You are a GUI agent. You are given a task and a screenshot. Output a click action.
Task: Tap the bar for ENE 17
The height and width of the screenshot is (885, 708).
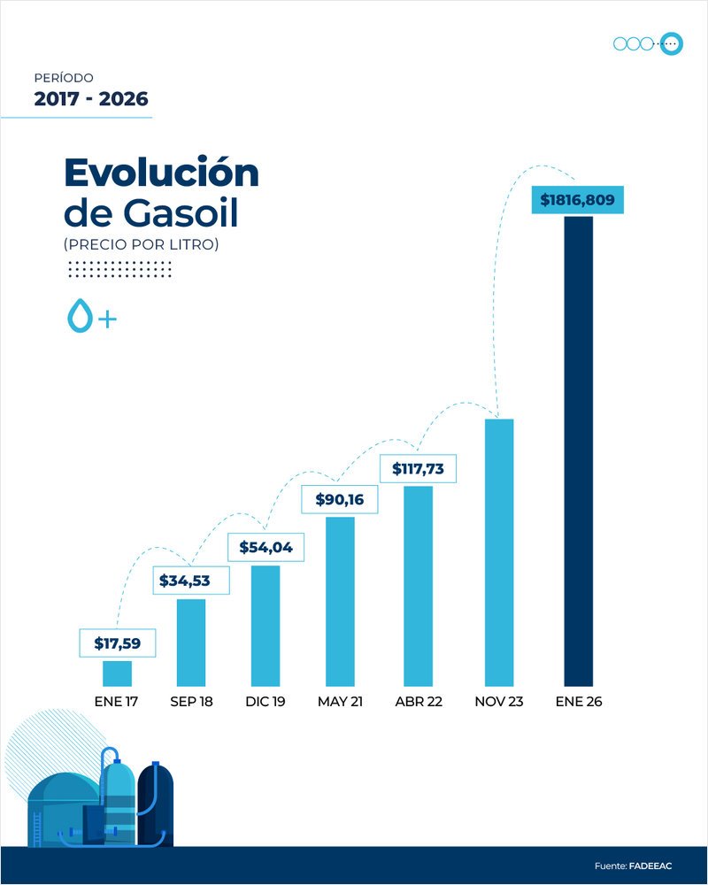(117, 673)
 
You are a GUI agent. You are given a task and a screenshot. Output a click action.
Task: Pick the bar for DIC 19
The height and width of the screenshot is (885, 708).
(265, 625)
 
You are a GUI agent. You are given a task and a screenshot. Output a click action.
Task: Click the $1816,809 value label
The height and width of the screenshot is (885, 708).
(577, 200)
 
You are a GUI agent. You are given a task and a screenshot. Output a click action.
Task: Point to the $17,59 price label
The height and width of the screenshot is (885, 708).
(118, 643)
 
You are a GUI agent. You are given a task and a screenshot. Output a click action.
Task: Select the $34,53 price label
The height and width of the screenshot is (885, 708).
(192, 581)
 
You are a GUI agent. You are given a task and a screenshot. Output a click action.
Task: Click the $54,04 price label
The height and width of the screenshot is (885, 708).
(266, 547)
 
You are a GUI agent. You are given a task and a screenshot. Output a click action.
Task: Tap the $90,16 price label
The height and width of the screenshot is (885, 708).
(340, 499)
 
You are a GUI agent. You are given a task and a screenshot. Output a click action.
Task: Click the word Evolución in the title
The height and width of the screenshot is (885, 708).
(161, 172)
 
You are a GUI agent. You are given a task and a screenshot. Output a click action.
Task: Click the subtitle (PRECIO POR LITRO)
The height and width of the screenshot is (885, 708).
(141, 243)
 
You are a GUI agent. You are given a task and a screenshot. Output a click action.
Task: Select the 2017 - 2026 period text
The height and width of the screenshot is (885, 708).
(91, 99)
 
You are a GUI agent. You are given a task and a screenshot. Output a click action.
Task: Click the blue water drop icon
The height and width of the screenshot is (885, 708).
(81, 316)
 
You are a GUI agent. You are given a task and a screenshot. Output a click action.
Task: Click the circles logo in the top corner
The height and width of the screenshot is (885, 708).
(648, 43)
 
